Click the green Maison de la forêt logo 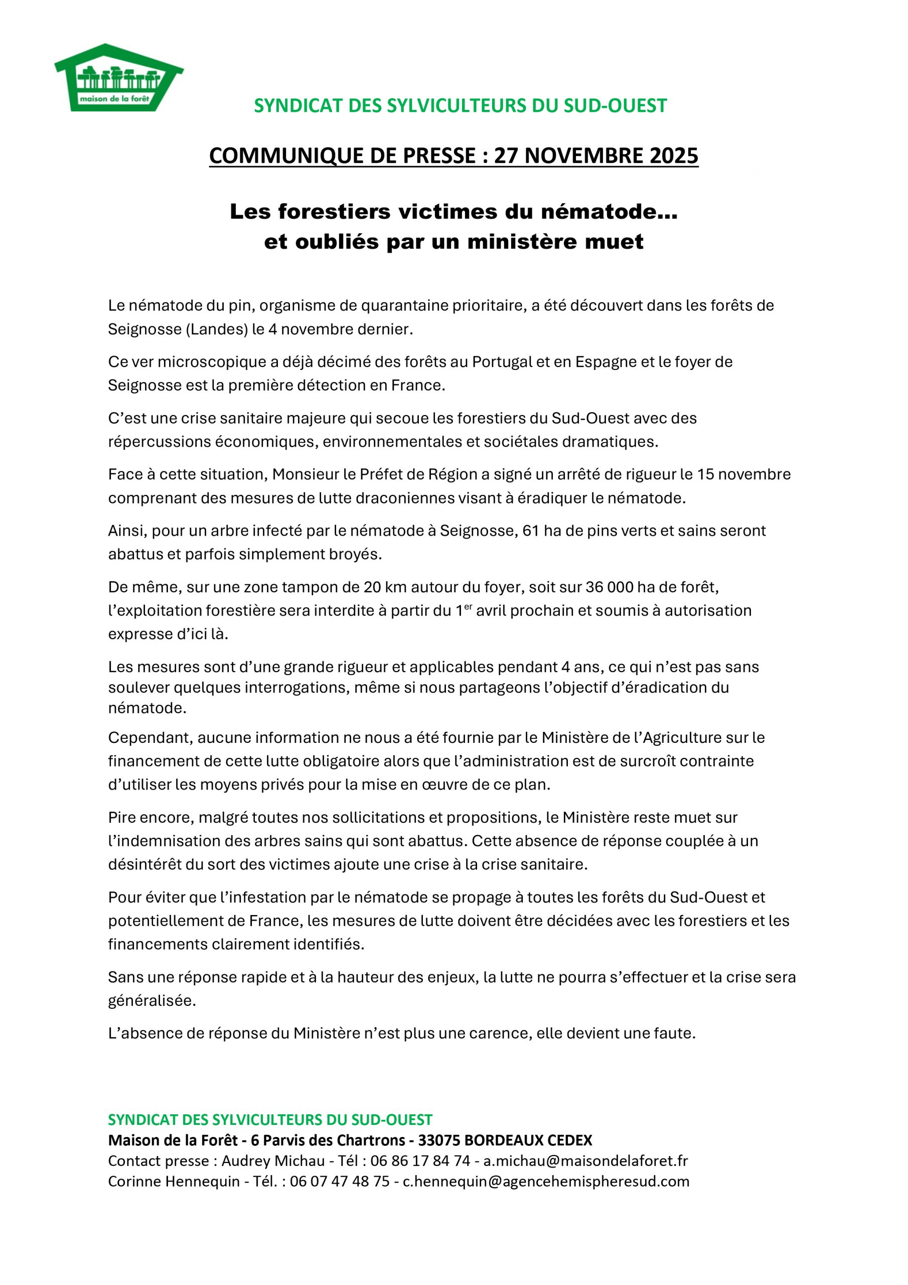coord(118,78)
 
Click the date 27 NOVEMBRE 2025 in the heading coord(596,156)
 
